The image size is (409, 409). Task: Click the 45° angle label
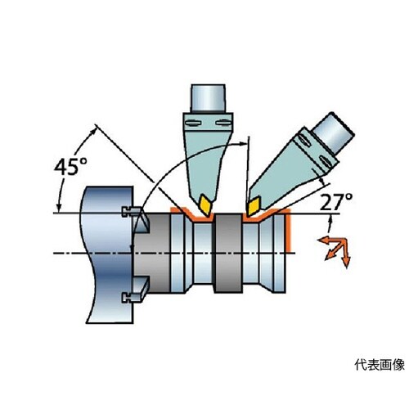coord(70,167)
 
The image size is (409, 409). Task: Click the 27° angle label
coord(336,202)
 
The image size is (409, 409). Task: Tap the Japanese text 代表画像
coord(380,365)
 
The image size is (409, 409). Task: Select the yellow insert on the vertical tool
coord(206,204)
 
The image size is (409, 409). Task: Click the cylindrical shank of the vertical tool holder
coord(209,98)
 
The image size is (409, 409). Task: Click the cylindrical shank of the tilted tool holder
coord(334,133)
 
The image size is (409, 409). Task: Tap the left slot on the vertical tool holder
coord(194,124)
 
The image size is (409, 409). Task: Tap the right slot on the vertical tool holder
coord(223,123)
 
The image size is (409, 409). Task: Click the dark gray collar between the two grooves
coord(228,254)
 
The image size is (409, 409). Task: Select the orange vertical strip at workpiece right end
coord(289,232)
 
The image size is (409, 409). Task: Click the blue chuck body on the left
coord(108,254)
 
